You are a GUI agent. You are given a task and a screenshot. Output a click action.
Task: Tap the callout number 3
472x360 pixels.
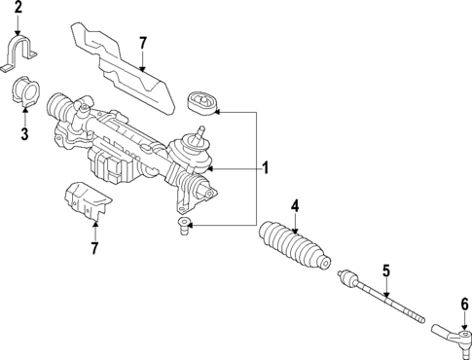click(24, 133)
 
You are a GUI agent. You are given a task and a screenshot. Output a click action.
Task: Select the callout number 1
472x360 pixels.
click(264, 168)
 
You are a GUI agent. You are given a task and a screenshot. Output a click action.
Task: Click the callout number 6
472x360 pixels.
click(464, 304)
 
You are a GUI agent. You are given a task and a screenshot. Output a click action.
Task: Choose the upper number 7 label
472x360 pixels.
click(142, 43)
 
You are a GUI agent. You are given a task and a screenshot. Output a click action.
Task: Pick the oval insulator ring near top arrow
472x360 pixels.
click(200, 104)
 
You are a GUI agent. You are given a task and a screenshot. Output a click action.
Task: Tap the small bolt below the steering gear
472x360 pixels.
click(182, 229)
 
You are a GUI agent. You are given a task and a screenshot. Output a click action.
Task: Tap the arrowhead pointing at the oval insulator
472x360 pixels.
click(219, 112)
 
